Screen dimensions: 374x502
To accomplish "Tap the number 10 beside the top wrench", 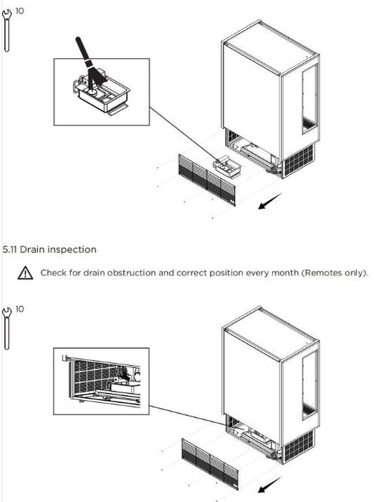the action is [x=19, y=11].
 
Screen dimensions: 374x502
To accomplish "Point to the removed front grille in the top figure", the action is [x=206, y=180].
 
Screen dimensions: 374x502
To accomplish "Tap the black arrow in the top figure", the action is [x=269, y=201].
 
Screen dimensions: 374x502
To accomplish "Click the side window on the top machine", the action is [x=310, y=100].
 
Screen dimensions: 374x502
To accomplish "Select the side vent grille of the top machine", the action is [x=299, y=161].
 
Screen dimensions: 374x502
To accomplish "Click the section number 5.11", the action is [x=9, y=250].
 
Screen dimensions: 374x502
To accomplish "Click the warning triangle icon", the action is [x=25, y=273].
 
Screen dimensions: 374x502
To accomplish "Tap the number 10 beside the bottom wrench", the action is [x=19, y=309].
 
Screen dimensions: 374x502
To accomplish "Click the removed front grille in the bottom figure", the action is [x=210, y=464].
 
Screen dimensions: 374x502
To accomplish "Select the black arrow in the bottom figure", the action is [x=269, y=485].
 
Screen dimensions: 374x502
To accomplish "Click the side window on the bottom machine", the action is [x=310, y=385].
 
